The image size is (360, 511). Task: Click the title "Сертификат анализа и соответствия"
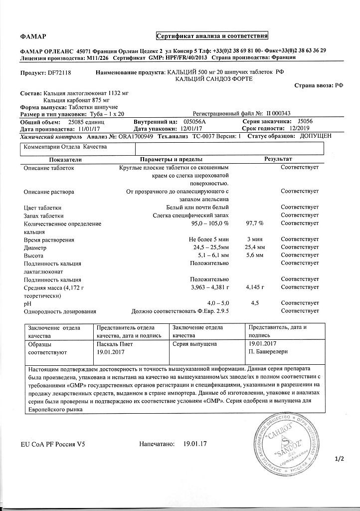point(212,36)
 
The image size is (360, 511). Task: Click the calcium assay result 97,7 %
point(255,224)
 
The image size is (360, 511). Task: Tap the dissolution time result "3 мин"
point(254,240)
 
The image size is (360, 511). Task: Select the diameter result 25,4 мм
point(254,247)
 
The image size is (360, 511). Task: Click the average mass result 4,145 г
point(254,288)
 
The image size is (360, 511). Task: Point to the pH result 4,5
point(254,303)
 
